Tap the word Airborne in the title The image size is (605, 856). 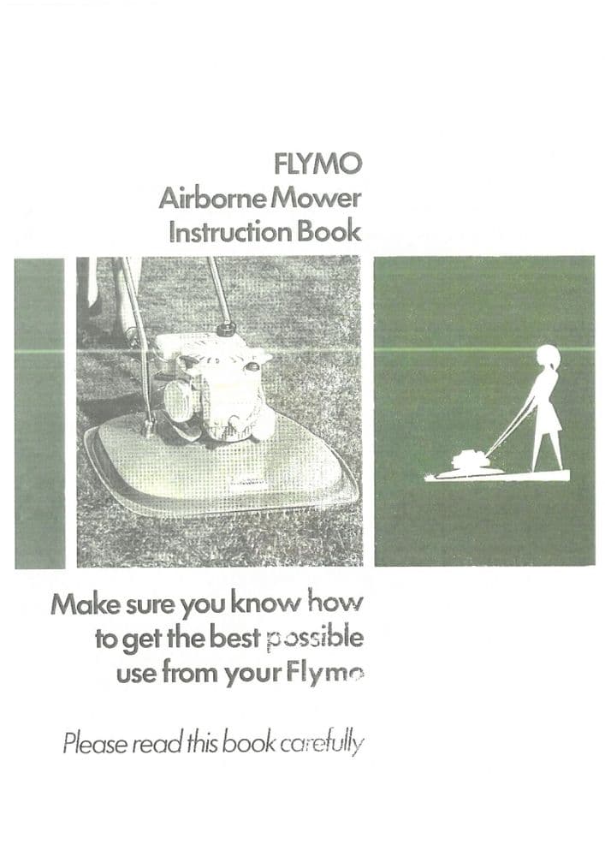click(x=202, y=199)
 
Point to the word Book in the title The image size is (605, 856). click(x=329, y=232)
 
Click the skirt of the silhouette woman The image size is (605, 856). click(x=547, y=419)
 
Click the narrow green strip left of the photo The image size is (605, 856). click(x=39, y=411)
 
